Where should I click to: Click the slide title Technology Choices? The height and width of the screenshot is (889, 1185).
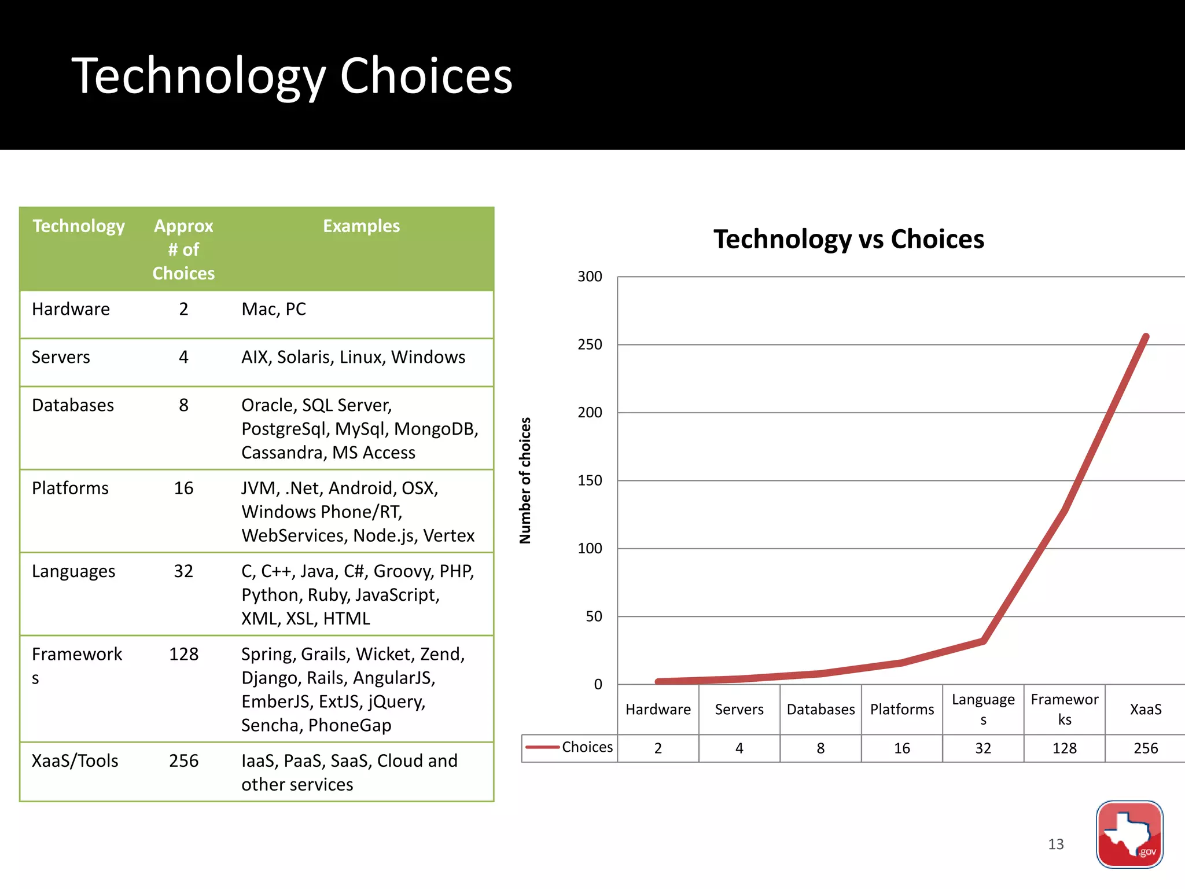[x=292, y=76]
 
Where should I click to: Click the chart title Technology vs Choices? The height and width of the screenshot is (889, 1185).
[x=848, y=239]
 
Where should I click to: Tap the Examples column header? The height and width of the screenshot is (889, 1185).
[x=361, y=226]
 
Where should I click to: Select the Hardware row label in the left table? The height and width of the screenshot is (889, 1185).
[x=71, y=309]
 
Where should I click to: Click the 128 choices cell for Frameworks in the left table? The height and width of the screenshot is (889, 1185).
[x=183, y=654]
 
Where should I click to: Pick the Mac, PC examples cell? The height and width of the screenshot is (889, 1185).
[x=274, y=309]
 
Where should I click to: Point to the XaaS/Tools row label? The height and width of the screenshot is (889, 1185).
[x=75, y=761]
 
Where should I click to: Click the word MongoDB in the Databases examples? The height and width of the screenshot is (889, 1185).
[x=436, y=429]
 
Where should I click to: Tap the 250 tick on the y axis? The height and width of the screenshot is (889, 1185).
[x=590, y=344]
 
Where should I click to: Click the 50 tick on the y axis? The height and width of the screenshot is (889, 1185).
[x=594, y=616]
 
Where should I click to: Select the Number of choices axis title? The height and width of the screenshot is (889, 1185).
[x=525, y=480]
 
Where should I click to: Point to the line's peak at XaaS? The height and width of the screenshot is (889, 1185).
[x=1146, y=336]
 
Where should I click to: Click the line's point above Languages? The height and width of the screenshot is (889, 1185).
[x=983, y=641]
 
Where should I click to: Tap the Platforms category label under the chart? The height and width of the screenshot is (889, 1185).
[x=901, y=710]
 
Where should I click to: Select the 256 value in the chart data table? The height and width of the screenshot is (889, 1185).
[x=1146, y=748]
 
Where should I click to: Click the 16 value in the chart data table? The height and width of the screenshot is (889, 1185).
[x=901, y=748]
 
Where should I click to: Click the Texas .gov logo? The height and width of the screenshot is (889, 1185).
[x=1129, y=834]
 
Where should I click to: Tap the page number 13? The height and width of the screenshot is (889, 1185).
[x=1055, y=844]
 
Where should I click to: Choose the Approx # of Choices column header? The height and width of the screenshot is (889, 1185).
[x=183, y=249]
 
